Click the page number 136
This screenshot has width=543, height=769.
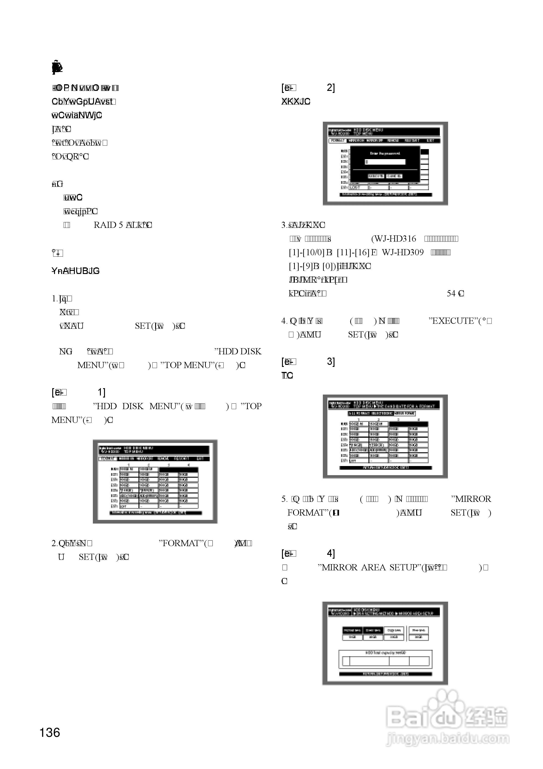coord(50,732)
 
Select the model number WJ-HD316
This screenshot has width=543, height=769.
coord(394,239)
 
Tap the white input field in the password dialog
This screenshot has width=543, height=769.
coord(385,162)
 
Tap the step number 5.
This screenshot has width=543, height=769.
coord(284,499)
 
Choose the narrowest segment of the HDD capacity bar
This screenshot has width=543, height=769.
coord(346,661)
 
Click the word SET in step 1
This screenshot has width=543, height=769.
coord(142,326)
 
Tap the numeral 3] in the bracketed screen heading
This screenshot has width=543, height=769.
coord(331,362)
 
